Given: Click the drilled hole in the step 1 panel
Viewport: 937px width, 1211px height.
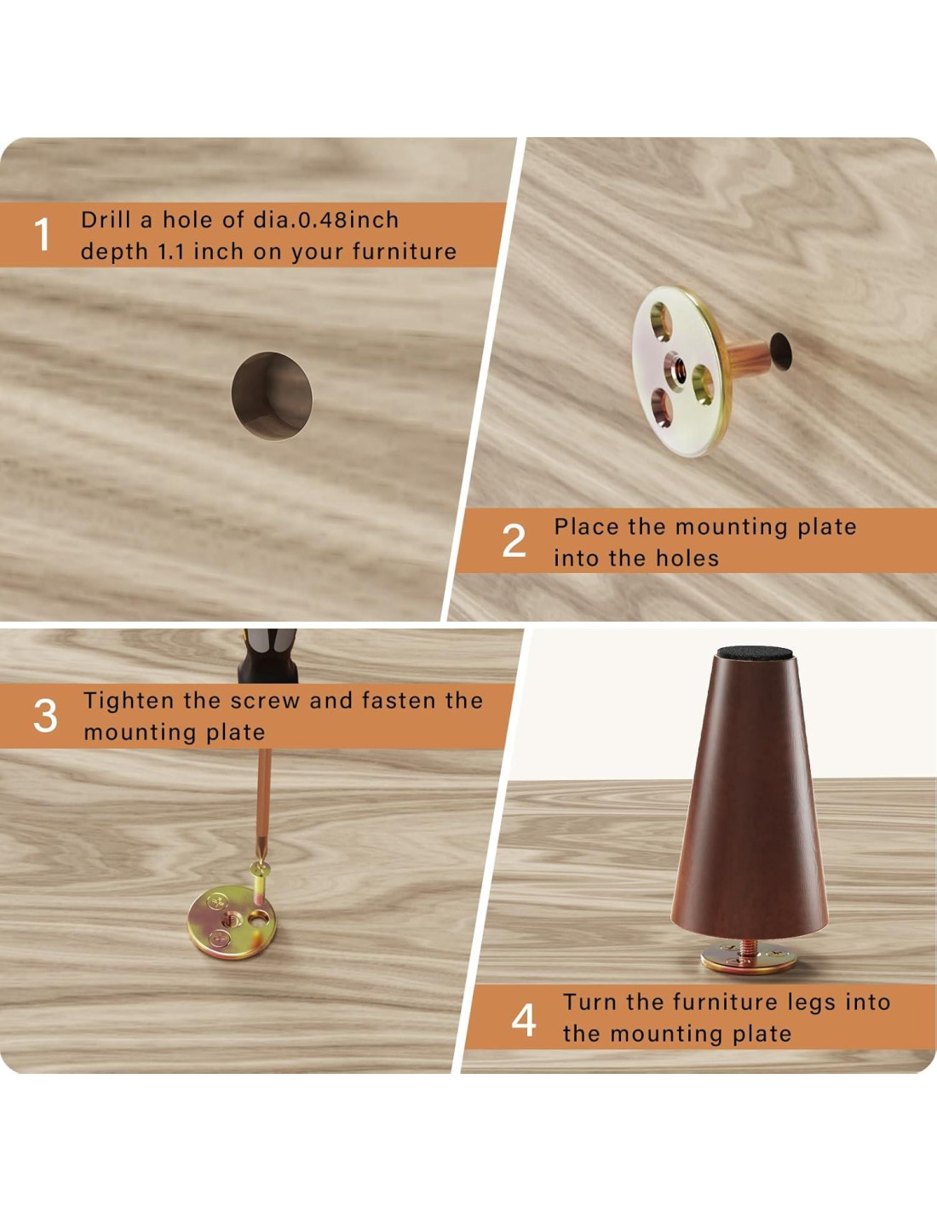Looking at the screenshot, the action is (272, 396).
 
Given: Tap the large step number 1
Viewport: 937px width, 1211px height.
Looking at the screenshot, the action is (42, 235).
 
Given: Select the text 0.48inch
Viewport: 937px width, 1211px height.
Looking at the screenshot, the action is (347, 220).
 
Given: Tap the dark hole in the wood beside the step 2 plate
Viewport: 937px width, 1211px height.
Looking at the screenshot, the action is (780, 350).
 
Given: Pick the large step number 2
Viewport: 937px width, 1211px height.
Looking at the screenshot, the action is (514, 541).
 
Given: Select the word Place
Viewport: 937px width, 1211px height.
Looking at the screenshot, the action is (587, 527).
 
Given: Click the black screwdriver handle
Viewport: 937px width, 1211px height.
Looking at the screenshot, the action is (267, 656).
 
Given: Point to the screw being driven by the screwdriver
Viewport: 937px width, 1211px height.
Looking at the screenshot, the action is (261, 885).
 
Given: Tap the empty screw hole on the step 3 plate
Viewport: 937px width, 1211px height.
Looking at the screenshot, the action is (258, 918).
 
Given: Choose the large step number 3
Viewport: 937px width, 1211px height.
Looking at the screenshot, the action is (45, 716).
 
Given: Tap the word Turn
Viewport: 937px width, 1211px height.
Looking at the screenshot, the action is (589, 1002).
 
